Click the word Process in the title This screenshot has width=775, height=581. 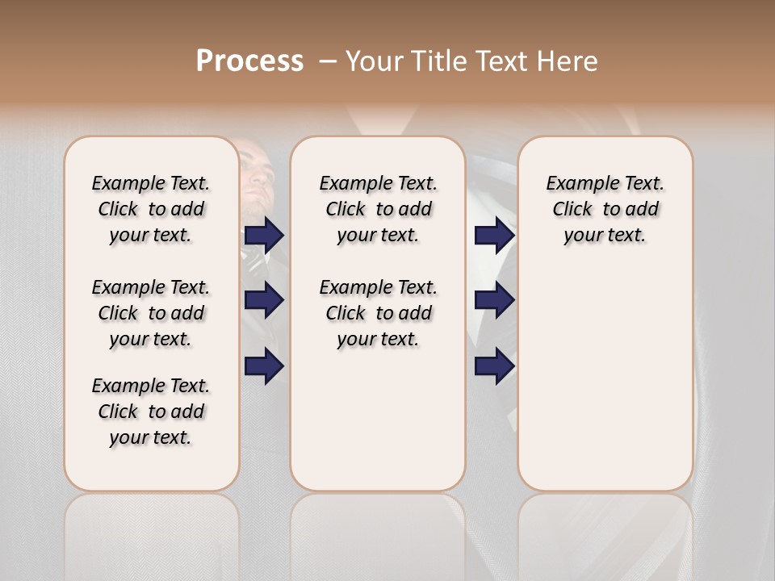[x=249, y=61]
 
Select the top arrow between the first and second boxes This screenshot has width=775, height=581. [x=264, y=236]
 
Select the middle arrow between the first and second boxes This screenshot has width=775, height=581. [x=264, y=300]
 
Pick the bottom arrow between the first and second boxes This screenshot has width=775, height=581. [x=264, y=367]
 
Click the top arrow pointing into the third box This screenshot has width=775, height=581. [x=494, y=236]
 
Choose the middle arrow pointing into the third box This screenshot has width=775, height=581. [x=494, y=300]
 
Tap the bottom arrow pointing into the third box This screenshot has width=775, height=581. [x=494, y=367]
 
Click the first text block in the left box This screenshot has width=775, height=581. [x=151, y=209]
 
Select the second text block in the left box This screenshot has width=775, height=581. [x=151, y=313]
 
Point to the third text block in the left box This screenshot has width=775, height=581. [x=151, y=412]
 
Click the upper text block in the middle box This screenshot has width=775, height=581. [x=378, y=209]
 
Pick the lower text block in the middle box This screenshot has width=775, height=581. [x=378, y=313]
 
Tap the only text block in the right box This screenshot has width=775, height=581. [x=605, y=209]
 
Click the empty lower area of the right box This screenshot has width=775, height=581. [x=605, y=387]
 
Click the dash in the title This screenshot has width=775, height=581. [x=328, y=61]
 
